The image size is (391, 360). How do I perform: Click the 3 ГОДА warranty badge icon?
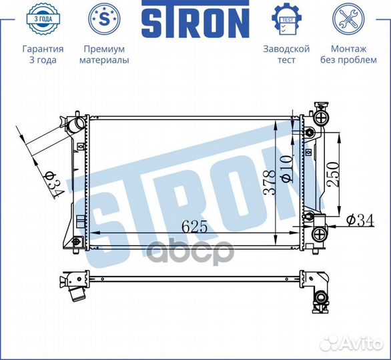tap(43, 21)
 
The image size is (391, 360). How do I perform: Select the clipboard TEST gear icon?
tap(286, 21)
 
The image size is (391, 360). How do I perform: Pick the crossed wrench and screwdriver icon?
tap(348, 21)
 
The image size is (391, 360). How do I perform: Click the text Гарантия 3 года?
tap(43, 54)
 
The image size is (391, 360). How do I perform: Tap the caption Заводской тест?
tap(286, 54)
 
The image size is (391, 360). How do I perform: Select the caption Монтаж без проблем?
tap(348, 54)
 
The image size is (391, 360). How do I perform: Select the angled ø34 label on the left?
tap(52, 182)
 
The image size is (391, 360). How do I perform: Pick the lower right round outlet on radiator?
tap(321, 234)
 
